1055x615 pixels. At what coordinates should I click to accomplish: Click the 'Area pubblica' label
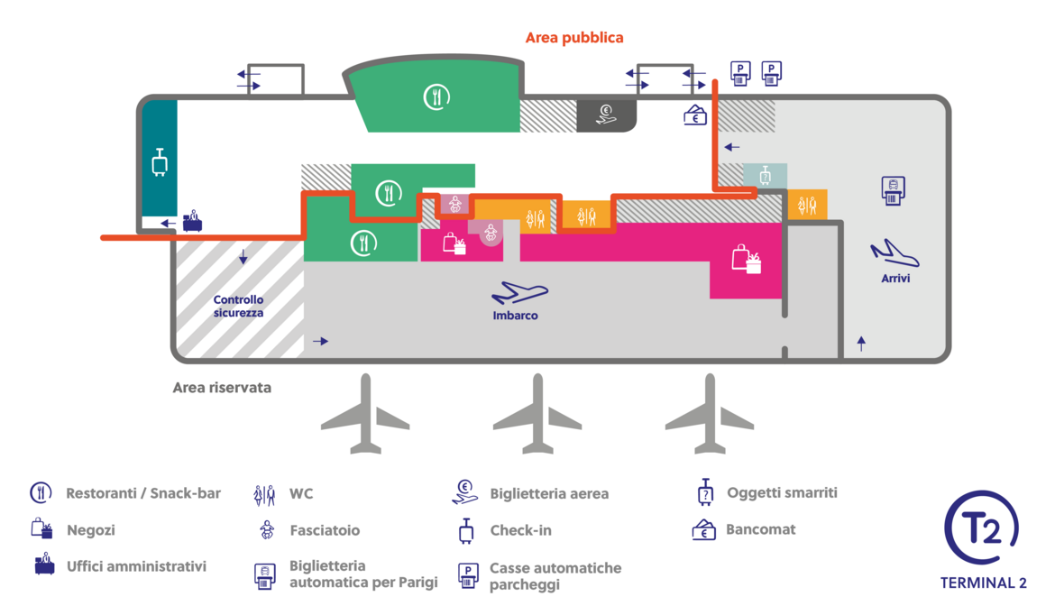[x=573, y=38]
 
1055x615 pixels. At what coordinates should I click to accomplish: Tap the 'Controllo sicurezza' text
[x=238, y=307]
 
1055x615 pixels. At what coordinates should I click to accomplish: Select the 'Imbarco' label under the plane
[x=515, y=315]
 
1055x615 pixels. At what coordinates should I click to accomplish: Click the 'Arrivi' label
[x=895, y=278]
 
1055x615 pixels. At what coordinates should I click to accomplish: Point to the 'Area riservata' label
[x=222, y=388]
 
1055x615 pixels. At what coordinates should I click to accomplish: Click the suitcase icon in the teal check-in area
[x=160, y=162]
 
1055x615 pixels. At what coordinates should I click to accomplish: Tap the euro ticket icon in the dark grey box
[x=606, y=115]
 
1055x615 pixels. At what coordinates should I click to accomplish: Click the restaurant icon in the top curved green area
[x=436, y=96]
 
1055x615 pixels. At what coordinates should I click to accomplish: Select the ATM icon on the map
[x=695, y=115]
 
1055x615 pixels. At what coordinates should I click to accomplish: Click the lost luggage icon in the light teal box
[x=765, y=175]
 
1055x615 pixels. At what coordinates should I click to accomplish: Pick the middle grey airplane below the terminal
[x=537, y=413]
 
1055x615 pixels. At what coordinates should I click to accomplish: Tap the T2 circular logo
[x=981, y=527]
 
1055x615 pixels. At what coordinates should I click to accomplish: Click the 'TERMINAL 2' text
[x=983, y=583]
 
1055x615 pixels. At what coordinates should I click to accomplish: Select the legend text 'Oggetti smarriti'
[x=782, y=492]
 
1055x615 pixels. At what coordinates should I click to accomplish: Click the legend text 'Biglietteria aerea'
[x=549, y=494]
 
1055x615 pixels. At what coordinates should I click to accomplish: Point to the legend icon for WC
[x=264, y=494]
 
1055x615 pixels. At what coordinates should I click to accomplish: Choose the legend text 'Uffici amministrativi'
[x=136, y=566]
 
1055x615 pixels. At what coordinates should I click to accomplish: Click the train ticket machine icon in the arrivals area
[x=893, y=190]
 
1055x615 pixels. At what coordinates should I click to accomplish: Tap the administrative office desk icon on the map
[x=192, y=220]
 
